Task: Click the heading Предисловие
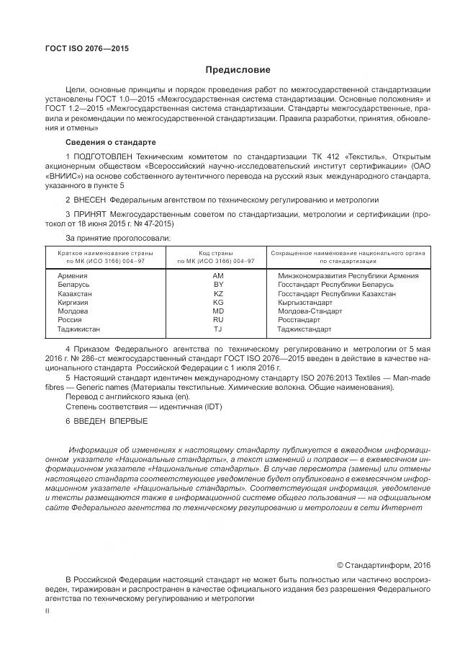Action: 238,70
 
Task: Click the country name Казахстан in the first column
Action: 75,293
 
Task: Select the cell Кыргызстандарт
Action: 309,302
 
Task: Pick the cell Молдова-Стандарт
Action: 310,311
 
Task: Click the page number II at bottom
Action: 47,610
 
